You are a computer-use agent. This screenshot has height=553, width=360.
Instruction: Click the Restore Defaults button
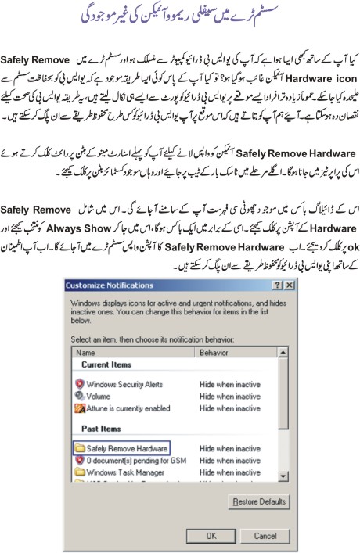[x=257, y=501]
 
